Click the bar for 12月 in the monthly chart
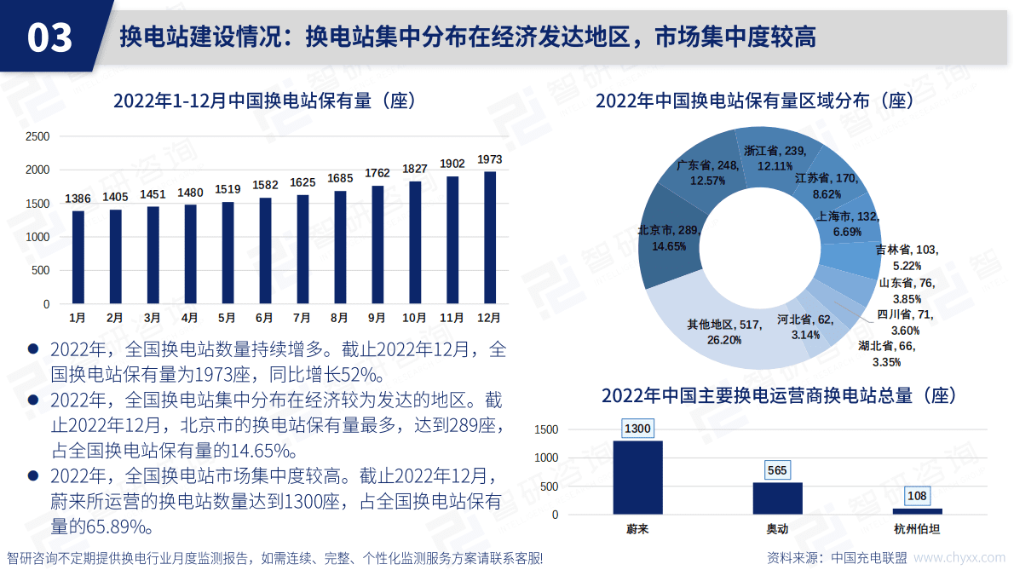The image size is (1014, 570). coord(490,238)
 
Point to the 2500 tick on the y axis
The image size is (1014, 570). coord(38,136)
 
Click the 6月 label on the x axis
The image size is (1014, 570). coord(264,318)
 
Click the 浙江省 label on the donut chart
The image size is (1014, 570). coord(774,151)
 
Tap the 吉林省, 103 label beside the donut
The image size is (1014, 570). coord(907,250)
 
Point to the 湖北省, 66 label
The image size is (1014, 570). coord(886,346)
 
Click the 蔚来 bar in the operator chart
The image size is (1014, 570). coord(637,477)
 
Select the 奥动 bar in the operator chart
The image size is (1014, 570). coord(777,498)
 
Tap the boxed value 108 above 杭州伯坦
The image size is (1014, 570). coord(917,497)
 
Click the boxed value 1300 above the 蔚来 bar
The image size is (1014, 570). coord(637,429)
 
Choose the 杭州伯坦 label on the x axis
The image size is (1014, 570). coord(917,529)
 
